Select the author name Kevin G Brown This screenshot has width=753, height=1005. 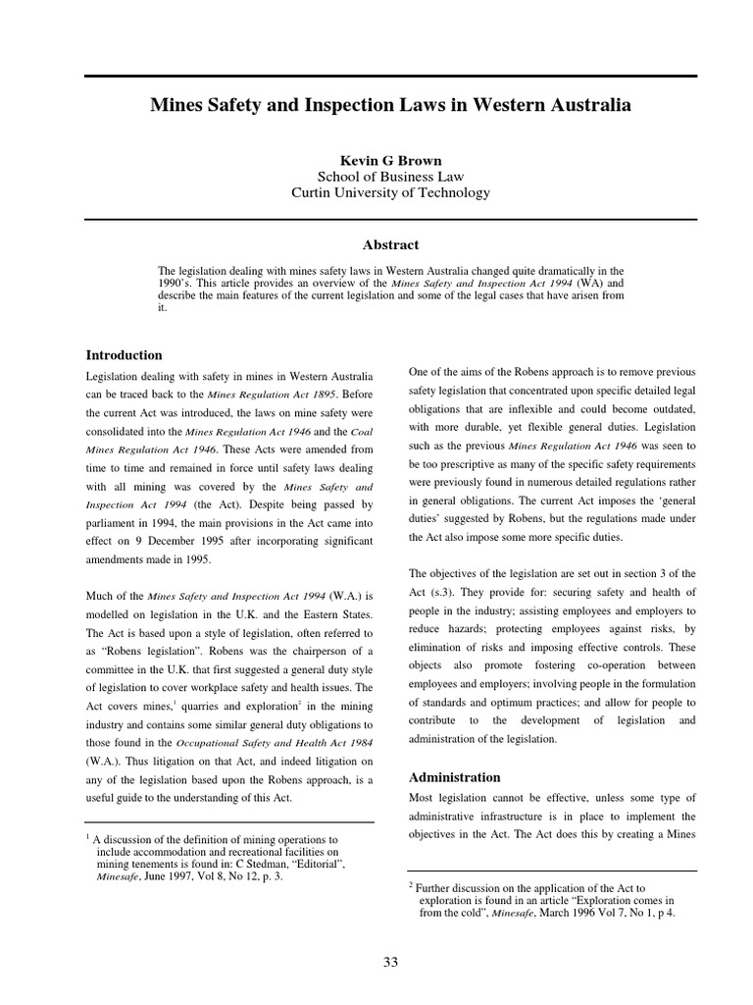click(390, 159)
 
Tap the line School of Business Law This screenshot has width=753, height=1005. click(390, 176)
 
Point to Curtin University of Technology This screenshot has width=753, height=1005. click(390, 192)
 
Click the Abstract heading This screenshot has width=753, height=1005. click(390, 244)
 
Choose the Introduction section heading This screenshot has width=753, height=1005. click(125, 355)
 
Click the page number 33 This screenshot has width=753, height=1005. click(390, 963)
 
